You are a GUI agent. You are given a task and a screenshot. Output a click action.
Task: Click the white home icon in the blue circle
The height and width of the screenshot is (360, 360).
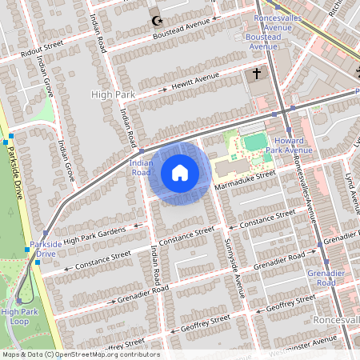point(180,172)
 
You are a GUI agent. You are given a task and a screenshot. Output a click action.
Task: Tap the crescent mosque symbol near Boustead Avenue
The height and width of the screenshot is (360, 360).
point(155,20)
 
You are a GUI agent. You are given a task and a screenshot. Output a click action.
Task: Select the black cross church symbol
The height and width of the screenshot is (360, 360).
point(257,74)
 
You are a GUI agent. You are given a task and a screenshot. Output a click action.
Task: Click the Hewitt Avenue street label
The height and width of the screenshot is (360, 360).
point(189,82)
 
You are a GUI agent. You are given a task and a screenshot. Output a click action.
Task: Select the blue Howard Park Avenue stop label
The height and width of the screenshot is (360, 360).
point(288,145)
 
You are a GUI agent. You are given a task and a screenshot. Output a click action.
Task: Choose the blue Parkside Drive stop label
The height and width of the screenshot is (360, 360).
point(42,248)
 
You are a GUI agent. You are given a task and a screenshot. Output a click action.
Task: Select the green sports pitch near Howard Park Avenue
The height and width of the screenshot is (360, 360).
point(254,142)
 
